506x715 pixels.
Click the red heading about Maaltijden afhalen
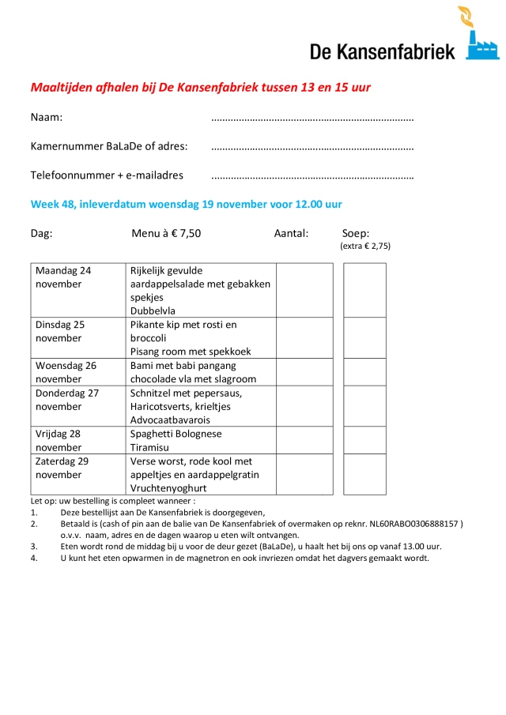[200, 87]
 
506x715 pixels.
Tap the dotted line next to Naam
[312, 119]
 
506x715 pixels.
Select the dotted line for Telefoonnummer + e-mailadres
[312, 176]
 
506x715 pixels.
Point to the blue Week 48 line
[186, 204]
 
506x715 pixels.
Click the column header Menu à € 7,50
[166, 233]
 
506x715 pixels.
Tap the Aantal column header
[291, 233]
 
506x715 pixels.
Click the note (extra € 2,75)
[365, 246]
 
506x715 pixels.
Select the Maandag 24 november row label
[63, 277]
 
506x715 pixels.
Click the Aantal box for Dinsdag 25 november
[304, 338]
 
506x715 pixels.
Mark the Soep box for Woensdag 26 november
[364, 372]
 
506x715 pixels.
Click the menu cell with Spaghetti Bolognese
[176, 434]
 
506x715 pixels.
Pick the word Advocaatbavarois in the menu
[169, 420]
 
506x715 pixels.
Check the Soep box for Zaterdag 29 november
[364, 474]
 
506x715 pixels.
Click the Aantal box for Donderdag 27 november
[304, 406]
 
